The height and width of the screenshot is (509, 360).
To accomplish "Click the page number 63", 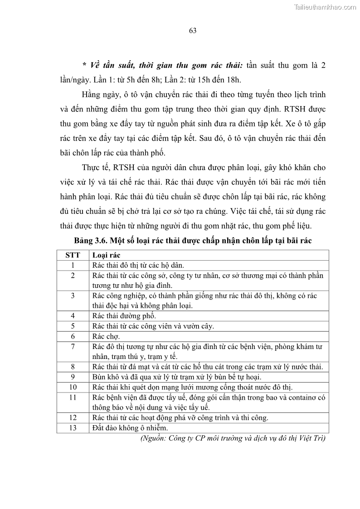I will [192, 31].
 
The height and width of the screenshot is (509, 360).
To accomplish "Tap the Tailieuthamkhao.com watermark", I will [325, 7].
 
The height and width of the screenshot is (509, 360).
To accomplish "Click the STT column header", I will [73, 255].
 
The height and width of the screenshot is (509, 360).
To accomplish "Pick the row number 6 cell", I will [73, 336].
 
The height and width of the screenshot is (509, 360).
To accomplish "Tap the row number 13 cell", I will [73, 427].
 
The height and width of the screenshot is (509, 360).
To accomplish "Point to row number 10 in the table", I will [73, 387].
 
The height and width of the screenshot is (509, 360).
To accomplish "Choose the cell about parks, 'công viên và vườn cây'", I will [153, 326].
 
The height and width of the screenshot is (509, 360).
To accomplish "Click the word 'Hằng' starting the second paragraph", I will [92, 95].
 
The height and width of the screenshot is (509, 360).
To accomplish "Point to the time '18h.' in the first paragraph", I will [234, 80].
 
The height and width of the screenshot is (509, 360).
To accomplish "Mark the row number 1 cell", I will [73, 265].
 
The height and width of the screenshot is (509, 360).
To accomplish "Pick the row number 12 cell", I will [73, 417].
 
